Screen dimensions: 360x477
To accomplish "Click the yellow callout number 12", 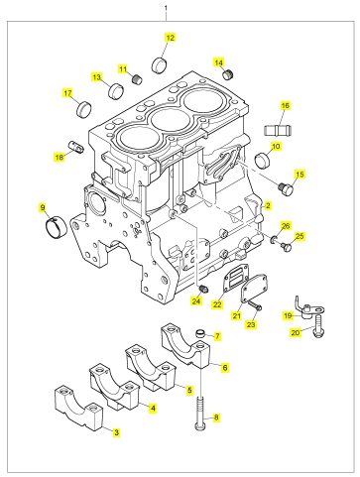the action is point(170,38).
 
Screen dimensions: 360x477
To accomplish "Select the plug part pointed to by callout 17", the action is point(84,109).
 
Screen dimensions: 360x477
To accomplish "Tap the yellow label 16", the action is point(286,106).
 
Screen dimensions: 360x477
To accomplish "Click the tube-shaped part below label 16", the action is point(279,129).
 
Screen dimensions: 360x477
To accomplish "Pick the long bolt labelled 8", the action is point(200,414).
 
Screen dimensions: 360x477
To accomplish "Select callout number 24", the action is point(196,301).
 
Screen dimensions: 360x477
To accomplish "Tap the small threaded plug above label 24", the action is point(202,289).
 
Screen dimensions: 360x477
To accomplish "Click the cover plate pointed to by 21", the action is point(254,287).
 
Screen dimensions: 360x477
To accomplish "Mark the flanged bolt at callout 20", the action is point(318,327).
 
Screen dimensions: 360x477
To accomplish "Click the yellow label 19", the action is point(288,316).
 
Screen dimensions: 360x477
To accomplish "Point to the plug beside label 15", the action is point(286,188).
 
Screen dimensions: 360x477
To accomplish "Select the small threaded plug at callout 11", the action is point(137,79).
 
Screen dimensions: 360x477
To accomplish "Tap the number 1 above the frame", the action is point(166,8).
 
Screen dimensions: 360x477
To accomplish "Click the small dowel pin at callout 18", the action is point(74,147).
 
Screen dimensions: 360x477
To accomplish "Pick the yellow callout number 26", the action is point(286,226).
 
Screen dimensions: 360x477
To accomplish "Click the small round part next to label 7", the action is point(200,333).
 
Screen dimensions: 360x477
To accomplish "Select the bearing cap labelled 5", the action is point(151,368).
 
